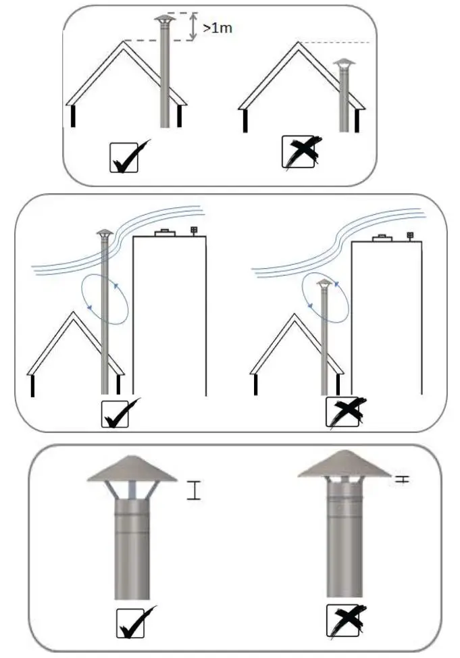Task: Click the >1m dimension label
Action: point(217,30)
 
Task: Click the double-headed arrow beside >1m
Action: point(195,27)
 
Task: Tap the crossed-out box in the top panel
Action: point(298,152)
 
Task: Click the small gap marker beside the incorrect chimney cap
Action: point(403,479)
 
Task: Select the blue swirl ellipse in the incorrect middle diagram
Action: point(326,298)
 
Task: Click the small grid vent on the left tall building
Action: point(195,230)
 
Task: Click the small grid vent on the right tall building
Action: point(410,236)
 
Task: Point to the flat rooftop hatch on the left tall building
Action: point(165,234)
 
